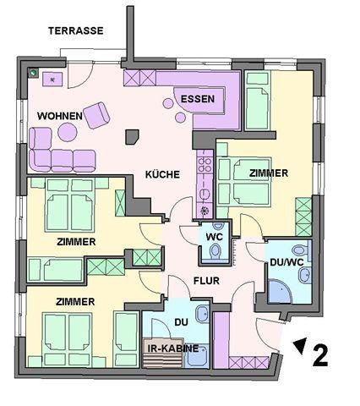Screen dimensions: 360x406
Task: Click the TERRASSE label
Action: [x=76, y=30]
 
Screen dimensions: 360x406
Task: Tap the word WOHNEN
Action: [x=60, y=116]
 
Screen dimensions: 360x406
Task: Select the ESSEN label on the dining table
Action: [x=198, y=99]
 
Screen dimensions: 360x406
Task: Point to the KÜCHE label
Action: [x=162, y=174]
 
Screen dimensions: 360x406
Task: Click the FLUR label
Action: [x=206, y=281]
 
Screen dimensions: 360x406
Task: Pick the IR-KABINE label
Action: [x=173, y=348]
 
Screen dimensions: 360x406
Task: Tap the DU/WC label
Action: [x=286, y=262]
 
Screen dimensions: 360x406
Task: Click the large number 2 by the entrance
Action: [x=320, y=356]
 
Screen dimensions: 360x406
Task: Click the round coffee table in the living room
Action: [x=68, y=132]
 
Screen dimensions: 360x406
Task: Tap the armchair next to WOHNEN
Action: [x=96, y=115]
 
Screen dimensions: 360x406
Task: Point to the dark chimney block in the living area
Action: [x=132, y=137]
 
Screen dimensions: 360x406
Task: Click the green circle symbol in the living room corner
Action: [x=34, y=73]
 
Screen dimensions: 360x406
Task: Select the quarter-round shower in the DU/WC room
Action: [x=281, y=291]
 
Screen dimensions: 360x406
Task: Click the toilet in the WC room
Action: [x=215, y=250]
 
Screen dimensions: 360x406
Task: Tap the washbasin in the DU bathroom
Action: [x=202, y=315]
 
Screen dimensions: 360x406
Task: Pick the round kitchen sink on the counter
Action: [x=205, y=194]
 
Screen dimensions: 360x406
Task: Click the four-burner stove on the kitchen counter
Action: [x=205, y=165]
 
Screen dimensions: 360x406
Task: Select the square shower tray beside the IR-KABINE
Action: [x=196, y=356]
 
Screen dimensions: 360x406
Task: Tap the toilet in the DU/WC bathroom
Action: [x=301, y=250]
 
